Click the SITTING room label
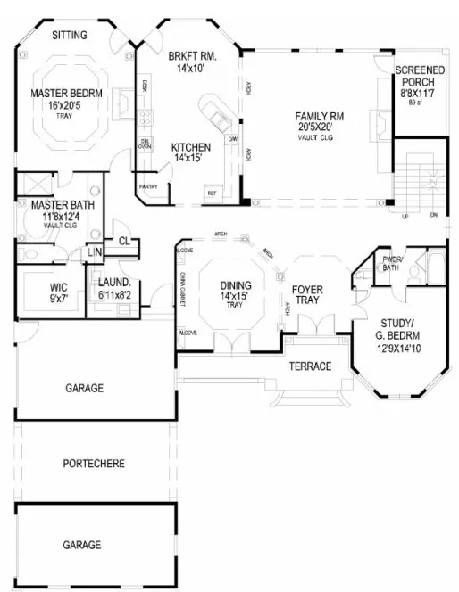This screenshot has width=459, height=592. coord(69,36)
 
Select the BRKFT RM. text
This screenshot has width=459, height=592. coord(188,56)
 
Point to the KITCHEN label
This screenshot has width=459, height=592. coord(192,147)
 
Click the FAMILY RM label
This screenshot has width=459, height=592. coord(321,116)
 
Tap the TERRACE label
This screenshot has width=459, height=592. coord(310,366)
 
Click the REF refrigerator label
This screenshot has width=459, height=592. coord(213,193)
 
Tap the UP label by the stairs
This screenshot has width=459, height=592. coord(408,216)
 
